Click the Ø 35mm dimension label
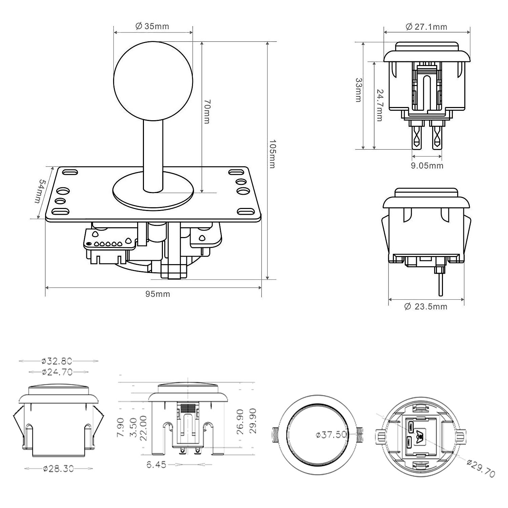[152, 26]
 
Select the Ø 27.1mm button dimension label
[426, 27]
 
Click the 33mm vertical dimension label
[359, 90]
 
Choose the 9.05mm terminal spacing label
[427, 166]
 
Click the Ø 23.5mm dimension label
[426, 306]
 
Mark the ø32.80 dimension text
[57, 361]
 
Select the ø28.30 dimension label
[58, 469]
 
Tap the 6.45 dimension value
[156, 465]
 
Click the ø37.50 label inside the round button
[331, 435]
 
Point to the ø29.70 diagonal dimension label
[481, 468]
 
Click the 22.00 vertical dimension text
[143, 427]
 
